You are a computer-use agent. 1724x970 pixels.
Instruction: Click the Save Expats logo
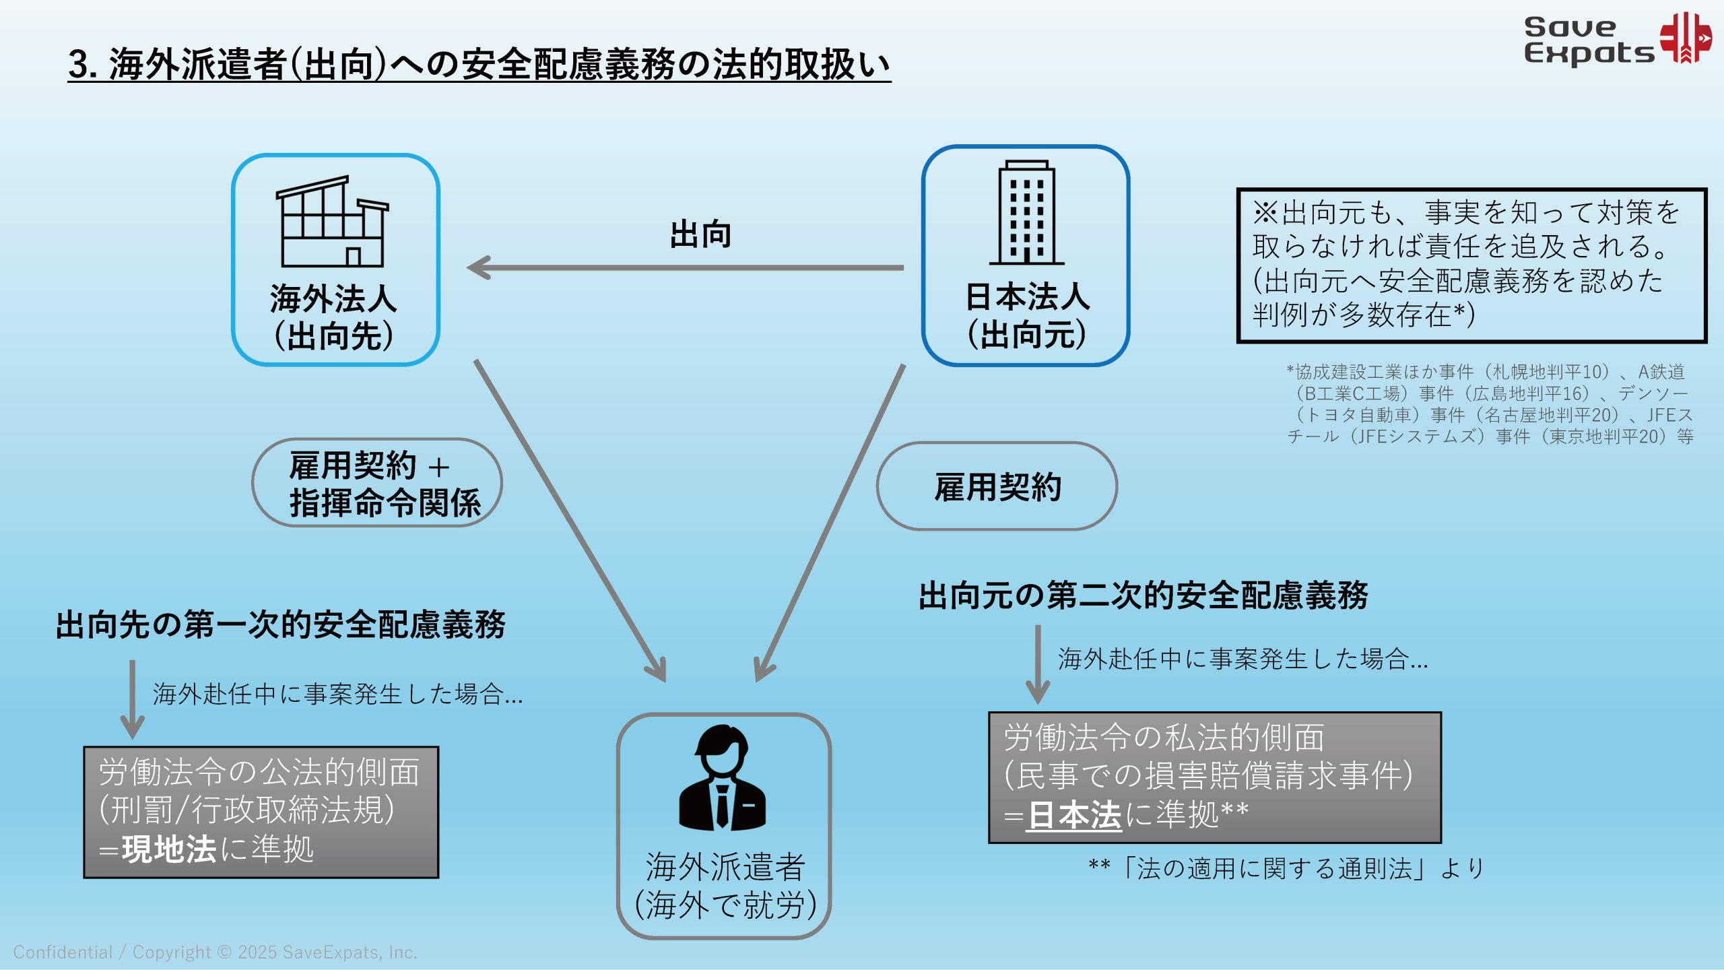pos(1616,39)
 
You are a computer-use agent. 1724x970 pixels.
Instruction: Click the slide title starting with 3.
pos(479,65)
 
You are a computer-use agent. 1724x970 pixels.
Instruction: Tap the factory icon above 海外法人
pos(333,222)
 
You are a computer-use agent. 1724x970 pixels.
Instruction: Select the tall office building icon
pos(1026,213)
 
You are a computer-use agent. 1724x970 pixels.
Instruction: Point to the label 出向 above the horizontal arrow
pos(700,234)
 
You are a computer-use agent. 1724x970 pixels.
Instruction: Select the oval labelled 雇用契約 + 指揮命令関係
pos(377,483)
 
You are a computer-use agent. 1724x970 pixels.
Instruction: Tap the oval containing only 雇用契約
pos(997,486)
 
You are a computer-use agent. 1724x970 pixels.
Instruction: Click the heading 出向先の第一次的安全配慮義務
pos(280,624)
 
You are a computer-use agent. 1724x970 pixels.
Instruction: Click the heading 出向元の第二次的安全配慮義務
pos(1143,595)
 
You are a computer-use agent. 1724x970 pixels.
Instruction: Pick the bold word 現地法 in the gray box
pos(169,849)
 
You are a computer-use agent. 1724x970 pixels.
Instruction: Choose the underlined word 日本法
pos(1074,816)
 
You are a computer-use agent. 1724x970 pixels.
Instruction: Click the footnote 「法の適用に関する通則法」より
pos(1286,868)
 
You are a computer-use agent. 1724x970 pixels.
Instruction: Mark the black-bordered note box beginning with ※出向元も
pos(1471,265)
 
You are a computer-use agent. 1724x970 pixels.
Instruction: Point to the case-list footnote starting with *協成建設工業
pos(1488,404)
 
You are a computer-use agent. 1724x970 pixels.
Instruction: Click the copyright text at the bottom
pos(215,952)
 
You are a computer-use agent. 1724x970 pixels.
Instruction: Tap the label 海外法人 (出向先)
pos(334,317)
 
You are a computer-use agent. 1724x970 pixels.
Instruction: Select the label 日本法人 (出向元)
pos(1027,315)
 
